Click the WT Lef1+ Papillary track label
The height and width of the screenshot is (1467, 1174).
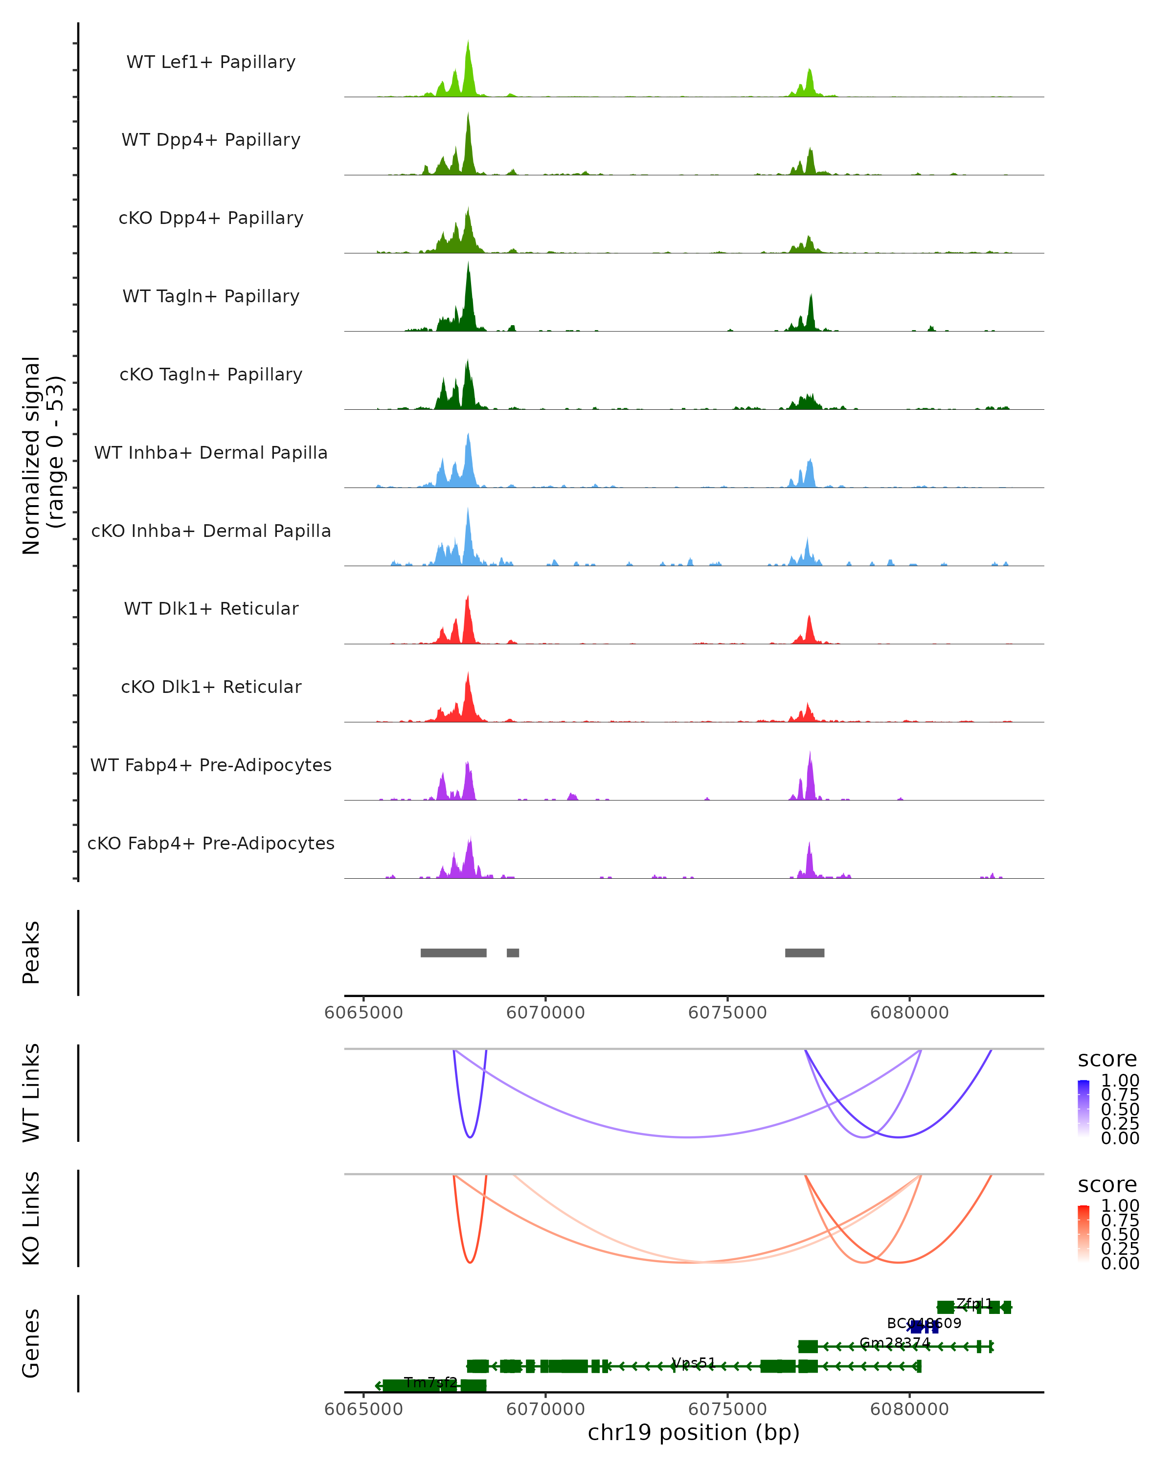(211, 62)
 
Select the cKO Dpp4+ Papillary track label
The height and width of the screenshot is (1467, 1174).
(211, 218)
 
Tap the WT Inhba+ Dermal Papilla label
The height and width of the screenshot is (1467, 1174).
(211, 452)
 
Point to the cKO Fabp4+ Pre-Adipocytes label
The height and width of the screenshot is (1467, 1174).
(211, 843)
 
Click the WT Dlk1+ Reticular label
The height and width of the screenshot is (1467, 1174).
(211, 608)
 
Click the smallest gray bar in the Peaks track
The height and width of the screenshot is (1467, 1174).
(513, 953)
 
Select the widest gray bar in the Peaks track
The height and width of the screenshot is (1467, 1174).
(453, 953)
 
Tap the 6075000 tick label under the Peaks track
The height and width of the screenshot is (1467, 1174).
(727, 1013)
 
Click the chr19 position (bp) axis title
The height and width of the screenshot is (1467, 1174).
(694, 1433)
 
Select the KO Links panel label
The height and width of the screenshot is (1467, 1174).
(31, 1218)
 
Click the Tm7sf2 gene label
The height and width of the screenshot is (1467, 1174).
(430, 1382)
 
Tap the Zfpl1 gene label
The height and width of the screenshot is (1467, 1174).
(974, 1303)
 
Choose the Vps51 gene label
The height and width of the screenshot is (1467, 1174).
(694, 1362)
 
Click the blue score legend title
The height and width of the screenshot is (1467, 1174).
(1106, 1059)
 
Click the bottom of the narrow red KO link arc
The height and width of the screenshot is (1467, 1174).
(470, 1262)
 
